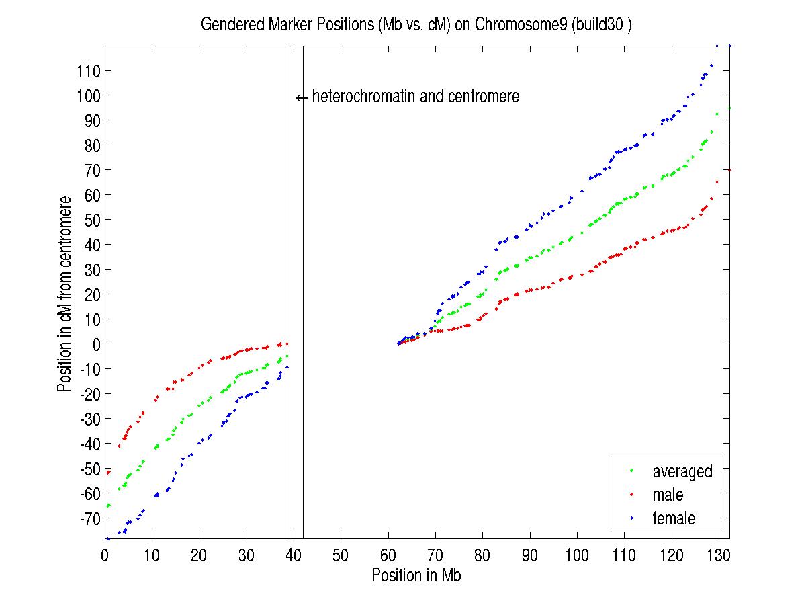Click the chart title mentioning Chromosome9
pyautogui.click(x=416, y=25)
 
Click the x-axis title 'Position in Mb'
pyautogui.click(x=416, y=575)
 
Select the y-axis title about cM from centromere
pyautogui.click(x=65, y=294)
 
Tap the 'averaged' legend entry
pyautogui.click(x=682, y=471)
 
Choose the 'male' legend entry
pyautogui.click(x=667, y=495)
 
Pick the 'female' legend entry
pyautogui.click(x=673, y=518)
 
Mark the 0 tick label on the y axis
pyautogui.click(x=96, y=344)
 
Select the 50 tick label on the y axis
pyautogui.click(x=93, y=220)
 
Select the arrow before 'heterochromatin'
pyautogui.click(x=302, y=97)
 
